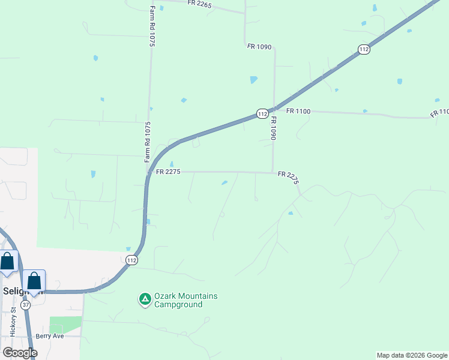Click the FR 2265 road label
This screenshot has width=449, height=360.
coord(200,4)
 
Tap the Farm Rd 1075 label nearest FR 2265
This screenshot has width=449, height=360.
coord(152,26)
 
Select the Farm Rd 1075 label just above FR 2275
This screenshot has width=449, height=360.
coord(148,142)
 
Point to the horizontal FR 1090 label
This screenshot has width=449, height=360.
coord(259,46)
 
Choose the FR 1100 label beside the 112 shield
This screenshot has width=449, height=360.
coord(298,111)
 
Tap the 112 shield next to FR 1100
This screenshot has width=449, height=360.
coord(262,113)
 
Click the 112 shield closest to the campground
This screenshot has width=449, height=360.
coord(132,260)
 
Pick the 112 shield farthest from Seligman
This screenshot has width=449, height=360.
coord(364,49)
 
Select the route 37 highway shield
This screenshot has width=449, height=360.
coord(26,305)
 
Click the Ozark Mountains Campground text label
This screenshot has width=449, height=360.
coord(185,300)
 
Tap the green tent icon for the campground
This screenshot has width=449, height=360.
coord(145,299)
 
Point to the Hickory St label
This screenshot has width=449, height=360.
coord(13,323)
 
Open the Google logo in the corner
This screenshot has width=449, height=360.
coord(20,353)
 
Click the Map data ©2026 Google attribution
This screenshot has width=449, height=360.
coord(412,355)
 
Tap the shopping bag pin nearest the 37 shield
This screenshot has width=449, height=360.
coord(34,280)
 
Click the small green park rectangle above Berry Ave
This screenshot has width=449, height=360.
coord(65,324)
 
